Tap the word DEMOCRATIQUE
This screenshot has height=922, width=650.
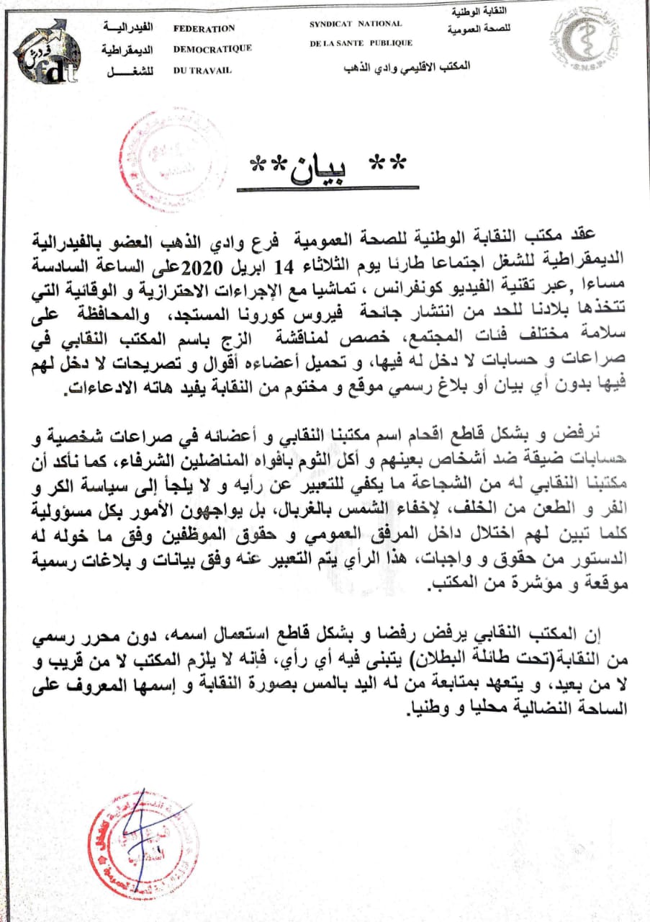212,49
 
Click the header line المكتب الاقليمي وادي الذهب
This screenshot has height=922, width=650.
409,66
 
